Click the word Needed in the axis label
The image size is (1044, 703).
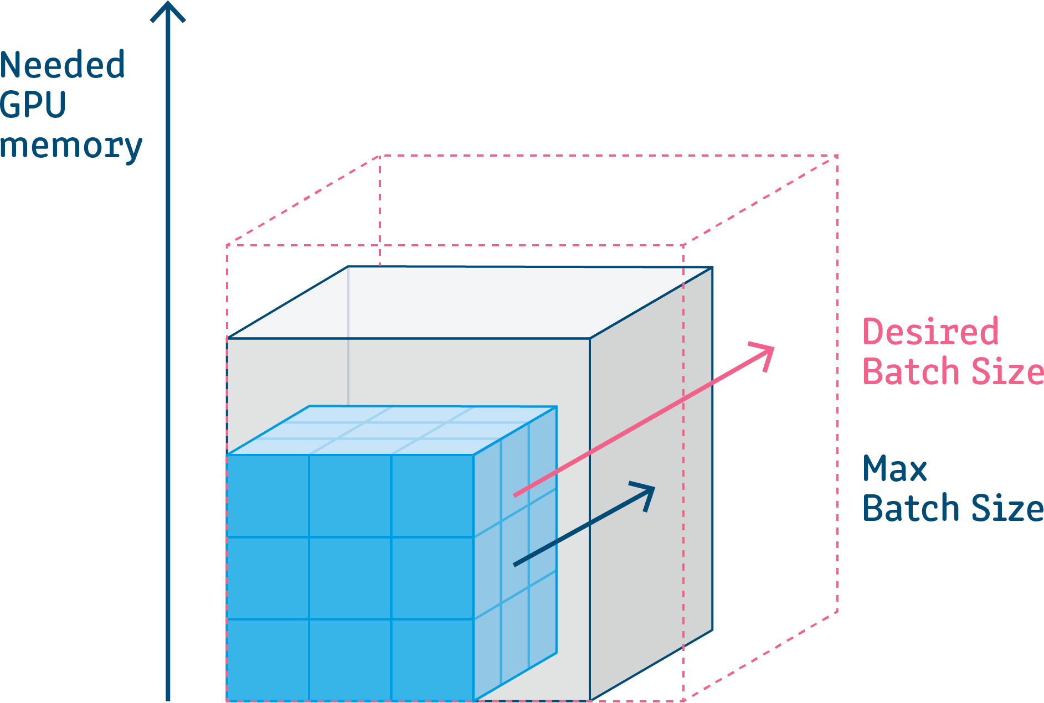pos(63,65)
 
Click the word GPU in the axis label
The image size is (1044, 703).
pos(33,105)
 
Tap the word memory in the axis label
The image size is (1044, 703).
pos(71,146)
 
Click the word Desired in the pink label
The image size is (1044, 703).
pos(930,332)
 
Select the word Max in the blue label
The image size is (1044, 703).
pos(894,469)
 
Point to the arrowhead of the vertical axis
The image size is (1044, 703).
pos(168,11)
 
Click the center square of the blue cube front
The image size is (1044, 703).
pos(350,578)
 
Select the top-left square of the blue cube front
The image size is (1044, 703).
pos(268,496)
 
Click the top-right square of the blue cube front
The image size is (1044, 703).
pos(432,496)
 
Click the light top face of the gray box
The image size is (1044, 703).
pos(471,302)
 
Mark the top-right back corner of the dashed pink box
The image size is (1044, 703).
pos(837,156)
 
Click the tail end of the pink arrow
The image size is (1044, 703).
pos(515,495)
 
